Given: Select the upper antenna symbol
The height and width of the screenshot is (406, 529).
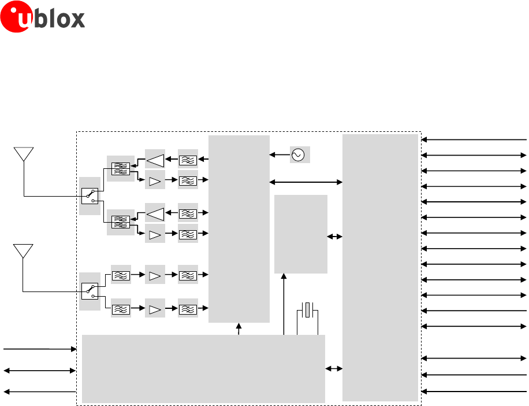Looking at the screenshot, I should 23,154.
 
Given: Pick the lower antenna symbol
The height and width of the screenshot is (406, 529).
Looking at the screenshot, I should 23,252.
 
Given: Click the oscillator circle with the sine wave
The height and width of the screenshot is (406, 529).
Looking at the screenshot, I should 298,154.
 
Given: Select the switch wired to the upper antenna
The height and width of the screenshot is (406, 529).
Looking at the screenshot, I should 90,195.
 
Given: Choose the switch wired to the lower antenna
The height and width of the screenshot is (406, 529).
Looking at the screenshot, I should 90,290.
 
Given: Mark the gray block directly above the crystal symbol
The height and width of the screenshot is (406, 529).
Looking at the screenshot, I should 300,234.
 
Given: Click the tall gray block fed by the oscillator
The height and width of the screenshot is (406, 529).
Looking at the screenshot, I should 239,228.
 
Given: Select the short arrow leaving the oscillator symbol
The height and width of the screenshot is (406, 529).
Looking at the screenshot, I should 280,155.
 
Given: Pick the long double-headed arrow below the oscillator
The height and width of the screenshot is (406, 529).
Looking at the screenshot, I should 306,182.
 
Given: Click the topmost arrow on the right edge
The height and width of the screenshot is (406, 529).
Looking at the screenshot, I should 474,140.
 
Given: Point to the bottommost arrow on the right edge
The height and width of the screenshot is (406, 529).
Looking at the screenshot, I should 474,392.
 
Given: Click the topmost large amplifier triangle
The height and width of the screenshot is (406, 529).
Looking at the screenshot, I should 155,159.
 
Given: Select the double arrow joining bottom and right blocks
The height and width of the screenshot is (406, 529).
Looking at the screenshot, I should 334,368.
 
